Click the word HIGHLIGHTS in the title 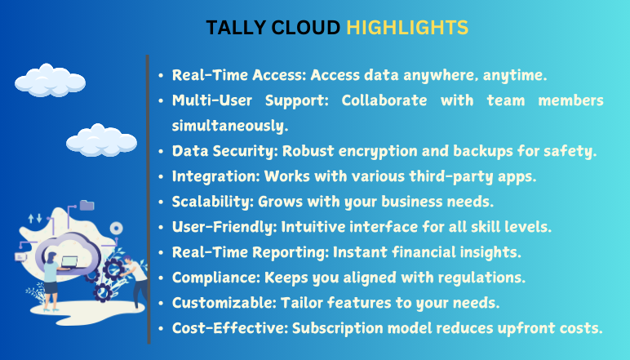click(407, 28)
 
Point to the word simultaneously click(230, 126)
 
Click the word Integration click(216, 176)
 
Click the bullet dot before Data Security click(161, 152)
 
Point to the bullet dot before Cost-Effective click(161, 329)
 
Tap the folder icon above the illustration click(87, 206)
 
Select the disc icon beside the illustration click(117, 229)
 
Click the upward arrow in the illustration click(31, 219)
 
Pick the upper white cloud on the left click(51, 80)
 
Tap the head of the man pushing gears click(126, 260)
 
